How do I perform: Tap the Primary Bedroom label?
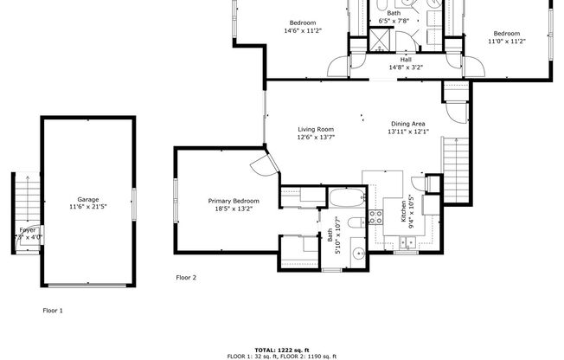(234, 201)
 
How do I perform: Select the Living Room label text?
(316, 129)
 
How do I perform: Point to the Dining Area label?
(407, 124)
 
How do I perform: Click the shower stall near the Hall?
(378, 41)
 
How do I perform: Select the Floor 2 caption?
(186, 278)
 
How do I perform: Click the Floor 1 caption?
(53, 310)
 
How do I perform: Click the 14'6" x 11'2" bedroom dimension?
(302, 30)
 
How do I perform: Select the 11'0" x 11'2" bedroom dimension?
(507, 41)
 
